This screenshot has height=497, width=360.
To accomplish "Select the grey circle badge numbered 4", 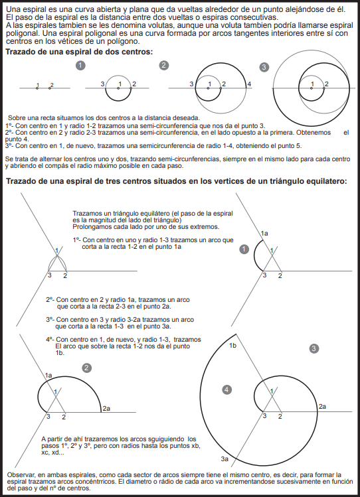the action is point(226,390).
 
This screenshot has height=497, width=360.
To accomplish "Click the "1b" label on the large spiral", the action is point(233,346).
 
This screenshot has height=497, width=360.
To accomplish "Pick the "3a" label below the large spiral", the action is point(225,459).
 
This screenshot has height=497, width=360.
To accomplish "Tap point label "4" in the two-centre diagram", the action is point(249,84).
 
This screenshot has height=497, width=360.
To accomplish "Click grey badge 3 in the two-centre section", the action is point(264,67).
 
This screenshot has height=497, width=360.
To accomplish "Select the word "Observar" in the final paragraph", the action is point(20,475).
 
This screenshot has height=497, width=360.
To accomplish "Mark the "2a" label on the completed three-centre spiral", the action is point(322,406).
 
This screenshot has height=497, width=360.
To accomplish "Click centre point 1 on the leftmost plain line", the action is point(37,88).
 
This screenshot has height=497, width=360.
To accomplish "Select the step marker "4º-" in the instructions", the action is point(50,340).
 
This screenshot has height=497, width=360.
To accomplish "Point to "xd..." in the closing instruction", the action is point(58,453).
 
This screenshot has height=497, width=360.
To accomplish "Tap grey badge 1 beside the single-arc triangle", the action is point(244,249).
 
